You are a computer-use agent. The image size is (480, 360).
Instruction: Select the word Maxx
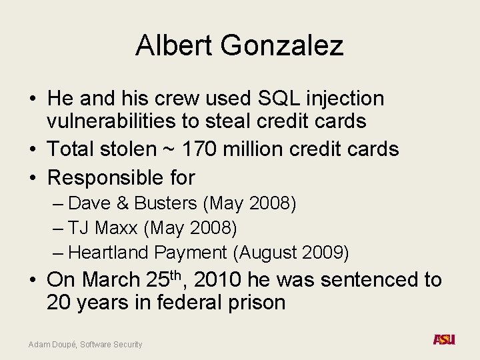pyautogui.click(x=118, y=228)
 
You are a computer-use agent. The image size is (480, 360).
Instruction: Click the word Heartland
pyautogui.click(x=109, y=253)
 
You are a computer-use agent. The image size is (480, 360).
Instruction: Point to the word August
pyautogui.click(x=269, y=253)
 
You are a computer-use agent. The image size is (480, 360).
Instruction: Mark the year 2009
pyautogui.click(x=325, y=253)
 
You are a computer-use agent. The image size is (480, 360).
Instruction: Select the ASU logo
pyautogui.click(x=444, y=339)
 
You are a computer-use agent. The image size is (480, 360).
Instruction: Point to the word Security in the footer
pyautogui.click(x=127, y=345)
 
